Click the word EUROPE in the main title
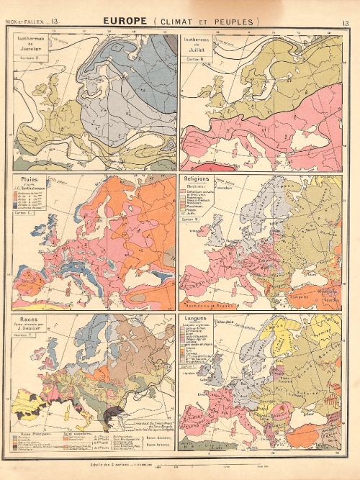127,22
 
